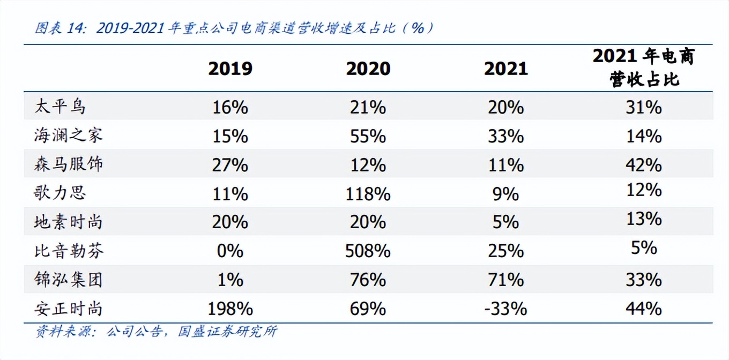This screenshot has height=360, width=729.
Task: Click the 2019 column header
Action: click(230, 69)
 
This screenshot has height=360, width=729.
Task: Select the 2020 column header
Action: click(368, 69)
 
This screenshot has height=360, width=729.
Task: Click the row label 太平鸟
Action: click(60, 107)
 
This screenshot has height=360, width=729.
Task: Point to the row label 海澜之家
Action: click(68, 136)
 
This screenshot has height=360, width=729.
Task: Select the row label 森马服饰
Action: click(68, 164)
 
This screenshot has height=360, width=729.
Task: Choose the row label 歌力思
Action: click(60, 193)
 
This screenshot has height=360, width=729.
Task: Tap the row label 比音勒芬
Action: click(68, 251)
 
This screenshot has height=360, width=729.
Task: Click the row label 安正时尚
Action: click(68, 309)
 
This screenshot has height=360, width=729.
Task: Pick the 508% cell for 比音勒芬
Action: click(368, 251)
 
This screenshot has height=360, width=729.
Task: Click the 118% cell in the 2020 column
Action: click(368, 193)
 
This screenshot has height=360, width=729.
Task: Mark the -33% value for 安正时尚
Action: click(505, 309)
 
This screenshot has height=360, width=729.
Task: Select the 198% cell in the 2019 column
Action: click(230, 309)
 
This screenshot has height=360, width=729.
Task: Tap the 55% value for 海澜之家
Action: click(368, 136)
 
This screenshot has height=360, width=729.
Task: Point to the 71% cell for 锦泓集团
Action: click(505, 280)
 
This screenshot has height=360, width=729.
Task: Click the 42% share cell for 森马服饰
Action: click(644, 164)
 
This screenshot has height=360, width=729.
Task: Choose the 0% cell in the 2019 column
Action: click(230, 251)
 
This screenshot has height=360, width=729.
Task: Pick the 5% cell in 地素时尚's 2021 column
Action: click(505, 222)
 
